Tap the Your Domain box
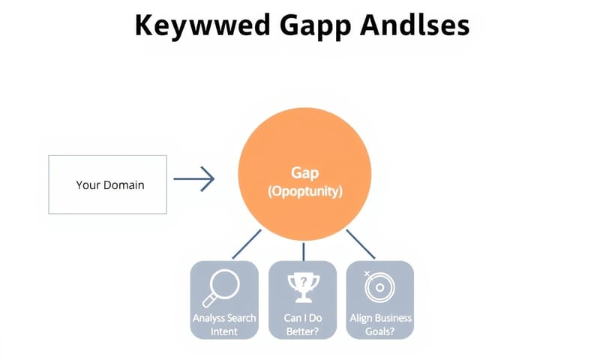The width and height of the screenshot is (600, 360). click(x=107, y=184)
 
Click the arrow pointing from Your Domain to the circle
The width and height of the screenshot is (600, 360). click(x=194, y=178)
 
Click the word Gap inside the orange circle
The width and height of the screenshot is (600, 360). click(x=304, y=173)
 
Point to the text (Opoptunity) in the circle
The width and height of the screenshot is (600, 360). click(x=304, y=191)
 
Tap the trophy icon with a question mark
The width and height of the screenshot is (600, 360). click(x=304, y=286)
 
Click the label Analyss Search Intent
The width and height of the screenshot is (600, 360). click(x=224, y=324)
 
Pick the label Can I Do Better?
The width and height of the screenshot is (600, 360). click(x=304, y=324)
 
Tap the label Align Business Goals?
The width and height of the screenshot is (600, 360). click(x=381, y=324)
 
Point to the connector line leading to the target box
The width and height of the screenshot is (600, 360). click(x=361, y=244)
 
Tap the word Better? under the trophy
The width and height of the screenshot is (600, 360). click(x=304, y=331)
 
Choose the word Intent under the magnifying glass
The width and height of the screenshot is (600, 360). click(x=223, y=331)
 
